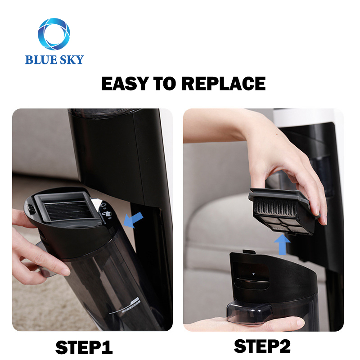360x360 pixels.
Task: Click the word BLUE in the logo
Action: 39,59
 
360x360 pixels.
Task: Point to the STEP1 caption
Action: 84,347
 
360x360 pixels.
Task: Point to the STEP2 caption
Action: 262,346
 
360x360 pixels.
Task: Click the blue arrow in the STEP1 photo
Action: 134,220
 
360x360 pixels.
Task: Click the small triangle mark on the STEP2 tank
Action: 253,274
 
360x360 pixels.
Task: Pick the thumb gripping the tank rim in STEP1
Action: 22,216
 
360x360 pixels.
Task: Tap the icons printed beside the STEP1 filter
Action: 106,214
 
